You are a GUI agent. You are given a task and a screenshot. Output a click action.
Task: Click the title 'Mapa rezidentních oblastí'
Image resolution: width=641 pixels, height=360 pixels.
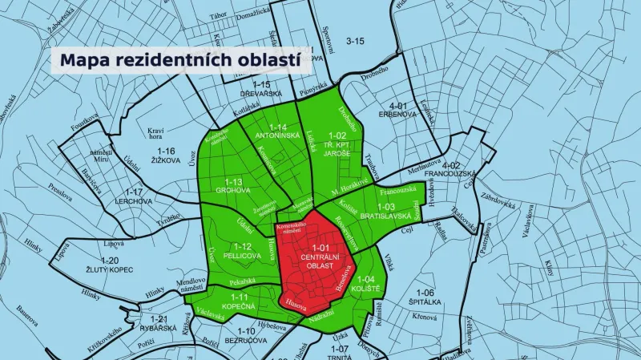pyautogui.click(x=180, y=60)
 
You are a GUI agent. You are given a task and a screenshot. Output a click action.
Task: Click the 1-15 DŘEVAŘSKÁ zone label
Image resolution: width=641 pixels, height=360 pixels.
pyautogui.click(x=261, y=89)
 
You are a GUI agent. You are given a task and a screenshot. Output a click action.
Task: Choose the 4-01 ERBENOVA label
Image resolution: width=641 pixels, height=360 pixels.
pyautogui.click(x=399, y=110)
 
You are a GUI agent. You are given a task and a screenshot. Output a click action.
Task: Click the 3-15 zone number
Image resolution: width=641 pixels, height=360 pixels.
pyautogui.click(x=354, y=40)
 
